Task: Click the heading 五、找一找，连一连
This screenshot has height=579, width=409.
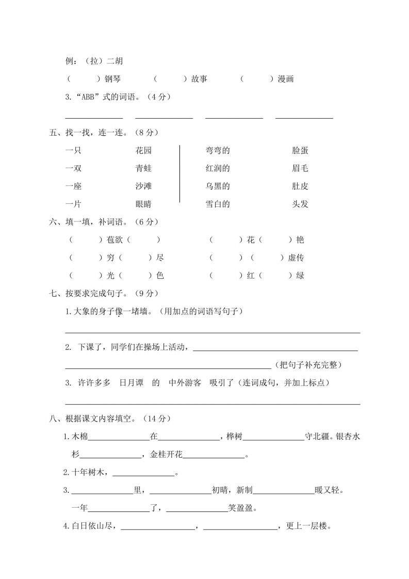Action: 87,133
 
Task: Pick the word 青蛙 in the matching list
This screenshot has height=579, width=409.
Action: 143,168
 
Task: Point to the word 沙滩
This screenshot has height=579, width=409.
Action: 143,186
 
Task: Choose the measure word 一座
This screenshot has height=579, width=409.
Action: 74,186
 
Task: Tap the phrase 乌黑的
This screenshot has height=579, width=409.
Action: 217,186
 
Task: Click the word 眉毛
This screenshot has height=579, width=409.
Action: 300,168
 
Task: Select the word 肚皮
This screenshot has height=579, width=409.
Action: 300,186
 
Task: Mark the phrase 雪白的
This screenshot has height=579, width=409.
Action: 217,204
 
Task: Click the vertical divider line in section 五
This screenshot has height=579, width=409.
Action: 179,173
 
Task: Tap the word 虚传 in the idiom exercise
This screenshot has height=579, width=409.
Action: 296,258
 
